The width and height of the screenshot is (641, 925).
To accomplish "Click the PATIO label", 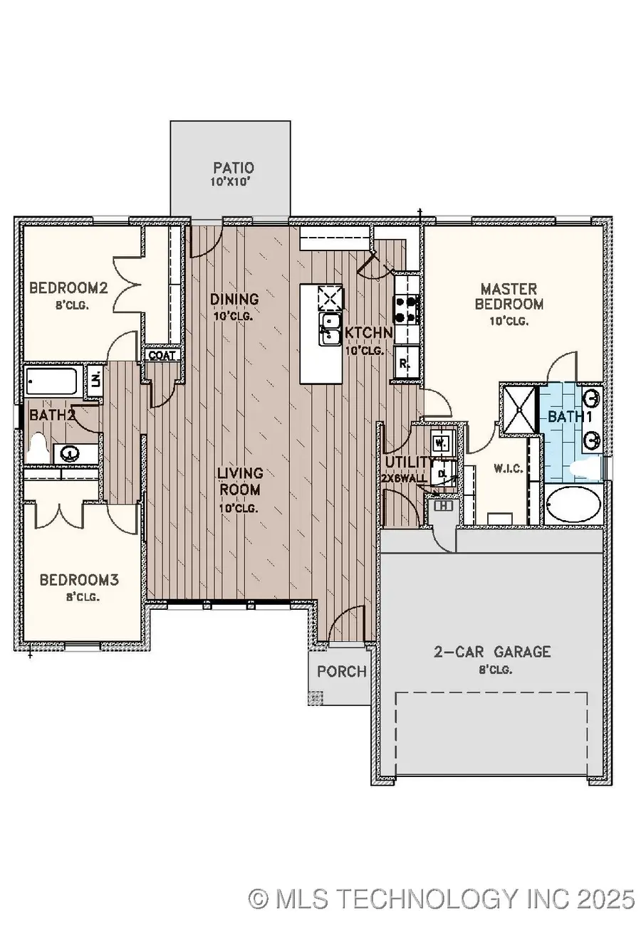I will point(234,169).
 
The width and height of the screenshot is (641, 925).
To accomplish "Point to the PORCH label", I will point(342,671).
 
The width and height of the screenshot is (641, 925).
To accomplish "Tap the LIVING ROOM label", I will point(240,482).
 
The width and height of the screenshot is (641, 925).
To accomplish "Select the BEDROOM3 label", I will point(78,580).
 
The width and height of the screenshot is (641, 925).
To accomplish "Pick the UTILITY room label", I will point(409,462).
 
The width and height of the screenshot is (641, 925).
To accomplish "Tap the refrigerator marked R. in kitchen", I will point(404,362).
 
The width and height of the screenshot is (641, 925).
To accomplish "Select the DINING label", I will point(234,299).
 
